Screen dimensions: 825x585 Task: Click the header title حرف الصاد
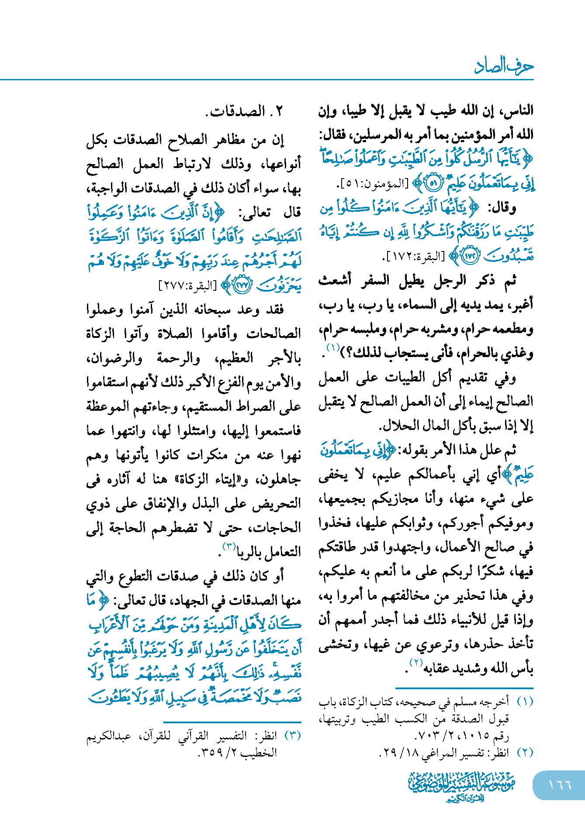tap(504, 66)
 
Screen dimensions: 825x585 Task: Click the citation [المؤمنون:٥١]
tap(373, 184)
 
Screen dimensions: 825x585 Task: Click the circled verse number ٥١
tap(433, 184)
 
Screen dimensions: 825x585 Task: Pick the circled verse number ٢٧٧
tap(242, 285)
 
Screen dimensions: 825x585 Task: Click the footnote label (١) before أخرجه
tap(525, 702)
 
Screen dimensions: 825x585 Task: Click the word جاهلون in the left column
tap(279, 480)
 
